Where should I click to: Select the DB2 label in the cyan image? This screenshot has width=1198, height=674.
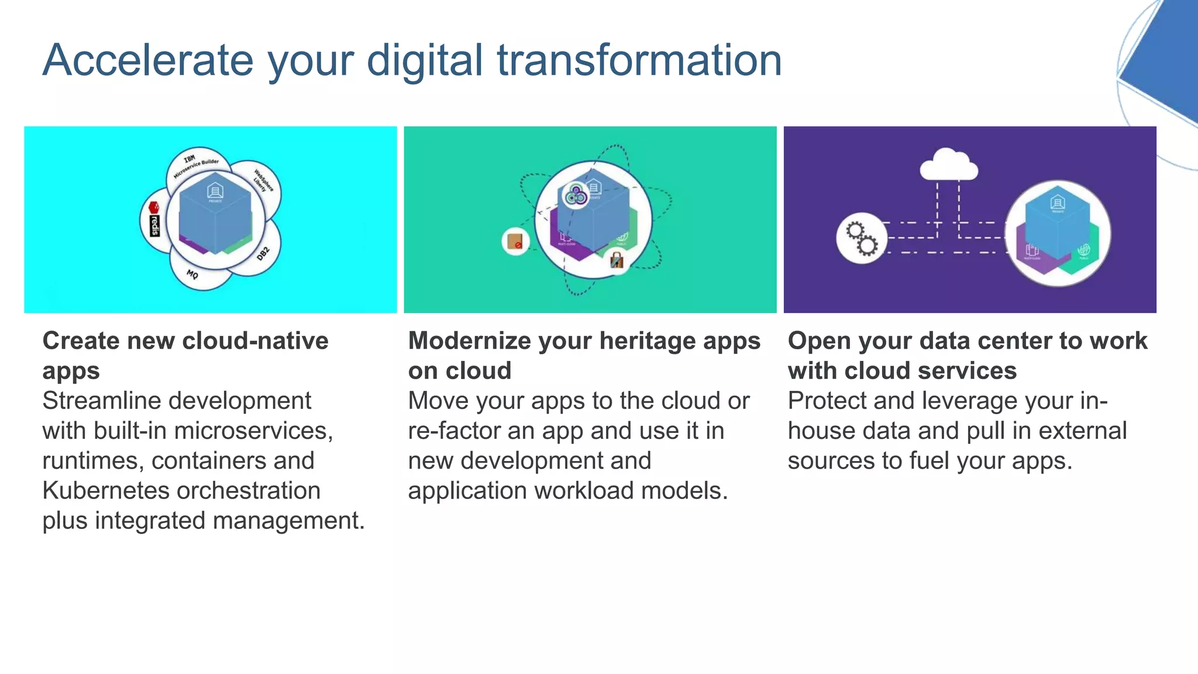click(263, 253)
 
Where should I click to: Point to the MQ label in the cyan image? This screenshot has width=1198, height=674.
click(192, 274)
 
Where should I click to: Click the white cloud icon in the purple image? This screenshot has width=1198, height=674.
click(948, 165)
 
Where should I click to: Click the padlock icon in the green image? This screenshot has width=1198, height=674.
click(617, 259)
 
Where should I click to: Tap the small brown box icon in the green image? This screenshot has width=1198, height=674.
click(515, 241)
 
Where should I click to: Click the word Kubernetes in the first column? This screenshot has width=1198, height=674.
click(107, 491)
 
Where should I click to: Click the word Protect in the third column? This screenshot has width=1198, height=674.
click(826, 401)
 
